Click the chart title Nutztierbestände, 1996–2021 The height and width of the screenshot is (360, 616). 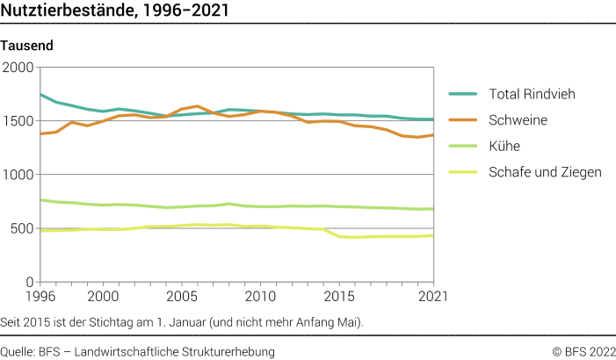pos(117,11)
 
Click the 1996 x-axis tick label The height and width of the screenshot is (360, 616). pos(40,297)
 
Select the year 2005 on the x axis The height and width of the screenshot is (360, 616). pos(182,297)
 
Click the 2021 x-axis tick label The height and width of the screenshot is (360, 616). pos(431,297)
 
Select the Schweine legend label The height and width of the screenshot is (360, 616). pos(518,119)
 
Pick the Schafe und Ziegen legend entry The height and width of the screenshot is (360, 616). pos(545,172)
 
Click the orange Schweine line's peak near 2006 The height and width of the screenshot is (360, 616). pos(198,106)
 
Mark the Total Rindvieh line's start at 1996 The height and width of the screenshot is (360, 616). pos(40,94)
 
